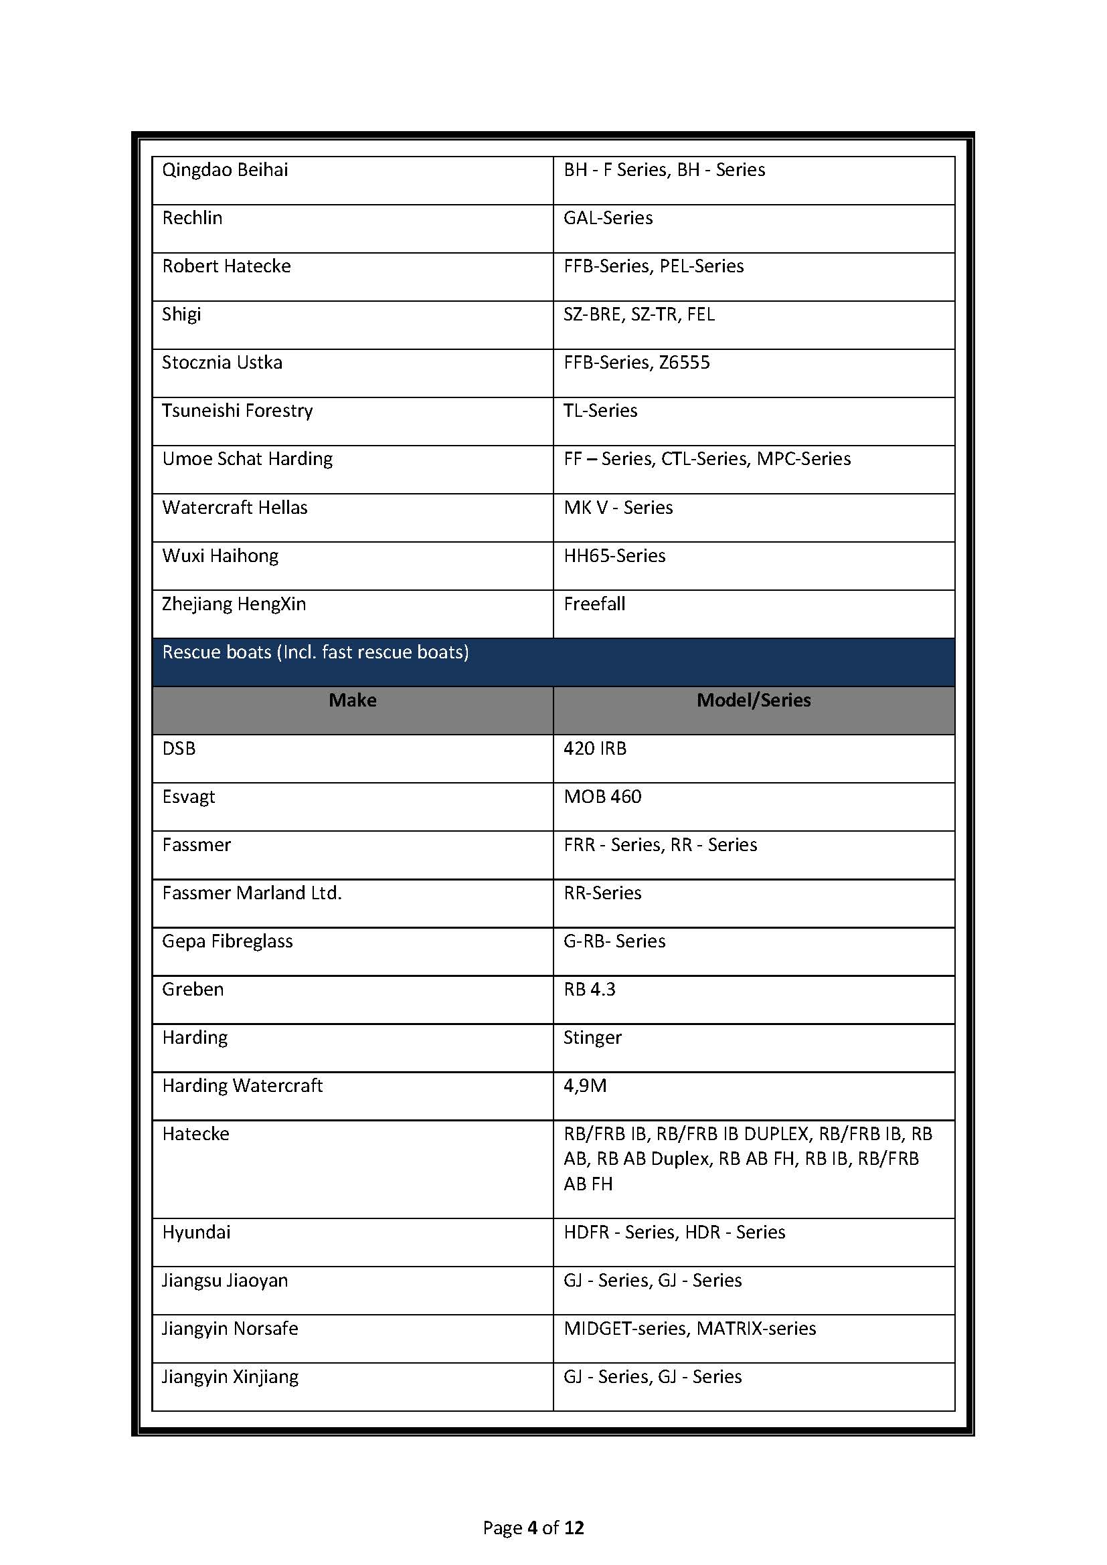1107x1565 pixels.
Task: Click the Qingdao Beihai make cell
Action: click(x=225, y=170)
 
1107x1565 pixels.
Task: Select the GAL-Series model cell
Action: click(x=608, y=218)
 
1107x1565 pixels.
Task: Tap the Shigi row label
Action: click(x=181, y=314)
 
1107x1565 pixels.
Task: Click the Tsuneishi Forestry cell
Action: click(x=237, y=411)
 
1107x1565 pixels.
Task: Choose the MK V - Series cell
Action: click(x=618, y=508)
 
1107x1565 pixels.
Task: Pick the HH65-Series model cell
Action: click(x=614, y=556)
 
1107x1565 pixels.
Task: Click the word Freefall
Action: click(x=594, y=604)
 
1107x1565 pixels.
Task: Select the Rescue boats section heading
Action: click(x=316, y=652)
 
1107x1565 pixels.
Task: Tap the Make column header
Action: click(x=353, y=701)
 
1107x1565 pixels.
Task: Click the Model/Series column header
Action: click(x=753, y=701)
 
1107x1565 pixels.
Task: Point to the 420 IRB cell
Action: click(x=594, y=749)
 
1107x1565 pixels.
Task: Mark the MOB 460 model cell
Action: click(x=602, y=797)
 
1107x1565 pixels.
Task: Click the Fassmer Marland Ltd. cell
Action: click(x=252, y=893)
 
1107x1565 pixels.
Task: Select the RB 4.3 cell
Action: click(x=589, y=989)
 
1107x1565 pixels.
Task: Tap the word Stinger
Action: click(x=592, y=1038)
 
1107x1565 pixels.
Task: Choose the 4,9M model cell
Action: click(x=585, y=1086)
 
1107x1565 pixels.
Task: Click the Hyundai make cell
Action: click(x=196, y=1232)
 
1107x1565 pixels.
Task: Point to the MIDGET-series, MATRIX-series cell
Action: click(x=689, y=1329)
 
